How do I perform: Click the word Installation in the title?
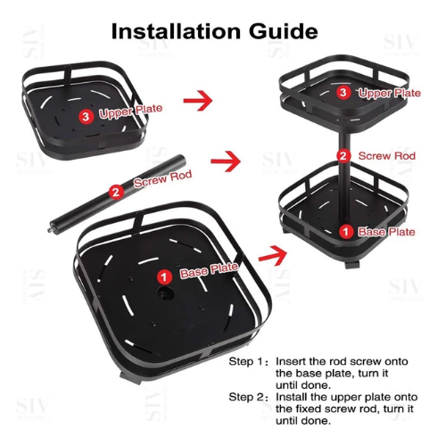pos(176,31)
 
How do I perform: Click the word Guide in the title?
pos(284,31)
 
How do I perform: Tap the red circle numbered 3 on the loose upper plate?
pos(86,116)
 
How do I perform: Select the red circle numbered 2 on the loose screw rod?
pos(116,192)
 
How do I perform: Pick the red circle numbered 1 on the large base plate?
pos(164,277)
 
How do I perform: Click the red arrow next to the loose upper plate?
pos(198,100)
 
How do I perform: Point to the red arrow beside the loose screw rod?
pos(226,161)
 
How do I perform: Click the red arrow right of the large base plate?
pos(273,255)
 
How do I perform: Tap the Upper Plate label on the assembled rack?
pos(390,94)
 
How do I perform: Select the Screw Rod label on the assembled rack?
pos(387,156)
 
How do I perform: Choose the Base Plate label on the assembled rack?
pos(386,232)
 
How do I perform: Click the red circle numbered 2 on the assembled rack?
pos(343,156)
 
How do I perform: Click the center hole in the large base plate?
pos(165,293)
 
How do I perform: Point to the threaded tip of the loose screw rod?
pos(49,230)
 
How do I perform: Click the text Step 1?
pos(246,362)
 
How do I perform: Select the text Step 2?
pos(247,397)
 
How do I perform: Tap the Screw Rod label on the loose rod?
pos(162,178)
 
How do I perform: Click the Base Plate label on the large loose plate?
pos(209,270)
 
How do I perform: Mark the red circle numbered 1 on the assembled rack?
pos(346,232)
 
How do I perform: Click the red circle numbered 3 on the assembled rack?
pos(343,92)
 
